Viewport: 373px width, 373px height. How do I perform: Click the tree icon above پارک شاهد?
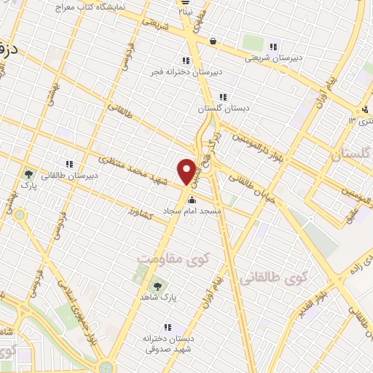click(158, 286)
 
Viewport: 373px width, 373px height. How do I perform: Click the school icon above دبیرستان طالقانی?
click(70, 164)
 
